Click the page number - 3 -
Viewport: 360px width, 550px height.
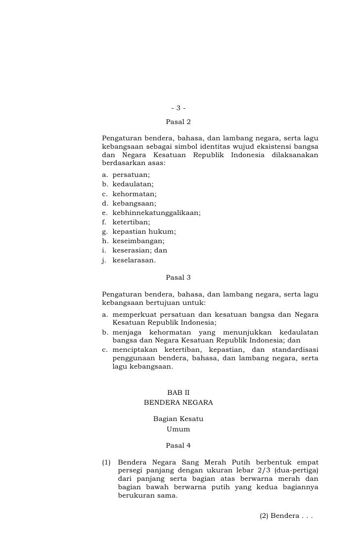[x=178, y=109]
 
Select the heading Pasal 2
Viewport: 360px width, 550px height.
[x=178, y=122]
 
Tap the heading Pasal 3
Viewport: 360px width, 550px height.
[x=178, y=278]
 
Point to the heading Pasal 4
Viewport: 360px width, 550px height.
[x=178, y=446]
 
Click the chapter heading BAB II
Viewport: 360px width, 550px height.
[x=178, y=393]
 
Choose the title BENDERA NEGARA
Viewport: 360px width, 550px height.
[x=178, y=403]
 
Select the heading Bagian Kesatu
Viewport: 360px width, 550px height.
[x=178, y=420]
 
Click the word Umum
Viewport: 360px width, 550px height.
[x=178, y=429]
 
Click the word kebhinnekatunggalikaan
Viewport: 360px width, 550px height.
[x=156, y=213]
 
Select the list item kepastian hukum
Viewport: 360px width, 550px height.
[x=144, y=232]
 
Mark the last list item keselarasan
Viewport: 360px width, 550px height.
[x=134, y=260]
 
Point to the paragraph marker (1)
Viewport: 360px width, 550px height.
[x=106, y=463]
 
